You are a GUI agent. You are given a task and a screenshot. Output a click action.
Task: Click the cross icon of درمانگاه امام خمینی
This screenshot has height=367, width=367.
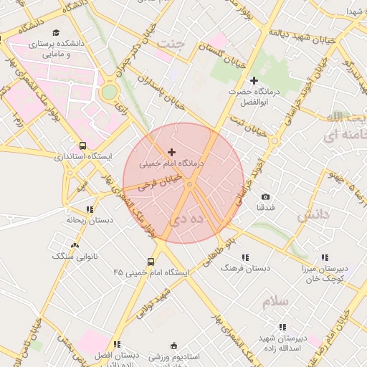[x=171, y=152]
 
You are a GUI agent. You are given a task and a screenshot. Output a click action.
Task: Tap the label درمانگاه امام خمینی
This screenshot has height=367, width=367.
[x=171, y=164]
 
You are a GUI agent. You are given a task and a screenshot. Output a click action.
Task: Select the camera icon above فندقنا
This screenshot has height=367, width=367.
[x=266, y=196]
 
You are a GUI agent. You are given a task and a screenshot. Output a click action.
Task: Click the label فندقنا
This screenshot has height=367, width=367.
[x=265, y=208]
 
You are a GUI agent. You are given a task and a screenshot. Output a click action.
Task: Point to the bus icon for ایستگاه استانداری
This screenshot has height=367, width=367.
[x=83, y=145]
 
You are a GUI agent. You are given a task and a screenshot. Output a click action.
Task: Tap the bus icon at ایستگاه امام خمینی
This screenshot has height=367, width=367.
[x=151, y=262]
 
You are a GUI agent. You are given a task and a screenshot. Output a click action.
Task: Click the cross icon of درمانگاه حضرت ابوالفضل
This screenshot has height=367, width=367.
[x=253, y=80]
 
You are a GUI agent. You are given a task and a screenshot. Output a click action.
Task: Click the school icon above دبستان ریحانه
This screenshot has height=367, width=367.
[x=89, y=209]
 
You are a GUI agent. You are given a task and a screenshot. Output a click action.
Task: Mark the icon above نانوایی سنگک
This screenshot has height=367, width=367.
[x=75, y=245]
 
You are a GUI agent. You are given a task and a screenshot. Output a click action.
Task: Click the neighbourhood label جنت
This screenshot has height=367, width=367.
[x=171, y=43]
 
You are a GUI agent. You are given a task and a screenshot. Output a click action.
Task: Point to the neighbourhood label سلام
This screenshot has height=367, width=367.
[x=275, y=302]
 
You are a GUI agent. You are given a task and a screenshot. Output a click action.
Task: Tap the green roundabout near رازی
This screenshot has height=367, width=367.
[x=109, y=92]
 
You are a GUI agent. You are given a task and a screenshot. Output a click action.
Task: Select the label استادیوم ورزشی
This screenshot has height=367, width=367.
[x=173, y=356]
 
